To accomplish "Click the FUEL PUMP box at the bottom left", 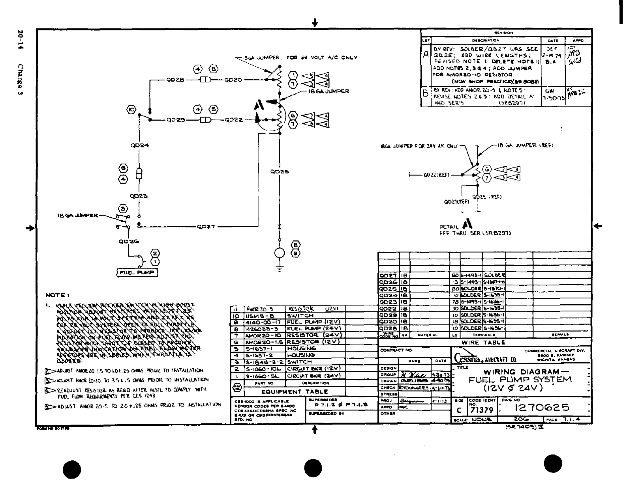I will coord(137,272).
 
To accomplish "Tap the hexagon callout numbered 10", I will coord(132,110).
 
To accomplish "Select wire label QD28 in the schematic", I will coord(175,80).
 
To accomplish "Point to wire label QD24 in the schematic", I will coord(139,145).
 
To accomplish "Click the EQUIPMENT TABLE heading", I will coord(295,391).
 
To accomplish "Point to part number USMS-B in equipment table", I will coord(257,316).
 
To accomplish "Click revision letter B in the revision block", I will coord(426,94).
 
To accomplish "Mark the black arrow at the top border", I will coord(315,22).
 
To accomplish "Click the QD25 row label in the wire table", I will coord(388,289).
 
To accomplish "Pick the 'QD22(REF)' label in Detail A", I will coord(436,175).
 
